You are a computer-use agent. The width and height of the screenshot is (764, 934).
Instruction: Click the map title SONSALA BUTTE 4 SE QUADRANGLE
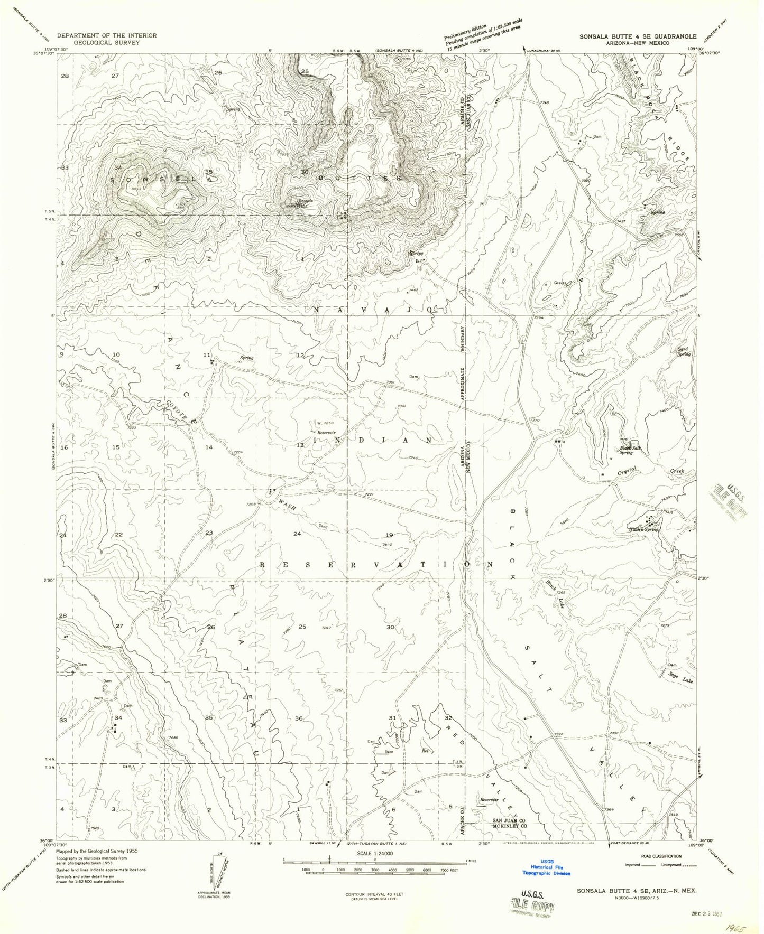(x=638, y=36)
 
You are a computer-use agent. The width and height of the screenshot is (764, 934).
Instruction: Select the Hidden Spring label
(x=643, y=529)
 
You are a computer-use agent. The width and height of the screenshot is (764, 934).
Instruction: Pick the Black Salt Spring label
(x=630, y=450)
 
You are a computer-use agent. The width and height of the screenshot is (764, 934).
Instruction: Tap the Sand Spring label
(x=684, y=351)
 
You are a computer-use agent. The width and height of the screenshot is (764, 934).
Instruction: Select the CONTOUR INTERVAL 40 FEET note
(x=374, y=896)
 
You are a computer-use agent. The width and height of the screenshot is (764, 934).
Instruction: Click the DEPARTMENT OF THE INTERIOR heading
(x=107, y=35)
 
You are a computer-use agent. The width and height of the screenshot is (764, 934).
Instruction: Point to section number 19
(x=390, y=535)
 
